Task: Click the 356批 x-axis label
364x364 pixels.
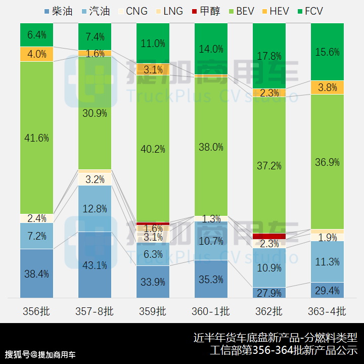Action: [37, 311]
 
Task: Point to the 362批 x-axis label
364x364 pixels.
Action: [269, 311]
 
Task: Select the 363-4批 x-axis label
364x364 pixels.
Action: [327, 311]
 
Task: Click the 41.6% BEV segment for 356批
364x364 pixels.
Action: [37, 138]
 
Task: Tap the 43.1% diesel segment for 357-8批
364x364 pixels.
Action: [95, 264]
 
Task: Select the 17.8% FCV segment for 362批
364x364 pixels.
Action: [269, 56]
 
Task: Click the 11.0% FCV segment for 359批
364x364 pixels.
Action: [153, 43]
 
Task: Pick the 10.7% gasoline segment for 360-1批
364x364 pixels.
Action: [211, 241]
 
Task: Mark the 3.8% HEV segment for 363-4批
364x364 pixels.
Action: [327, 87]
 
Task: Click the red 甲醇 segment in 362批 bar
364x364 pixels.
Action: [269, 236]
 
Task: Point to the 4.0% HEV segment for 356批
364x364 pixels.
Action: [37, 54]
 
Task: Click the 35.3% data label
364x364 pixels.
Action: [211, 279]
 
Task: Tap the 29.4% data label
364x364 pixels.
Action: [327, 290]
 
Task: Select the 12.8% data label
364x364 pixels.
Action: [95, 208]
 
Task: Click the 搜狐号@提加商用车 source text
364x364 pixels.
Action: [40, 354]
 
